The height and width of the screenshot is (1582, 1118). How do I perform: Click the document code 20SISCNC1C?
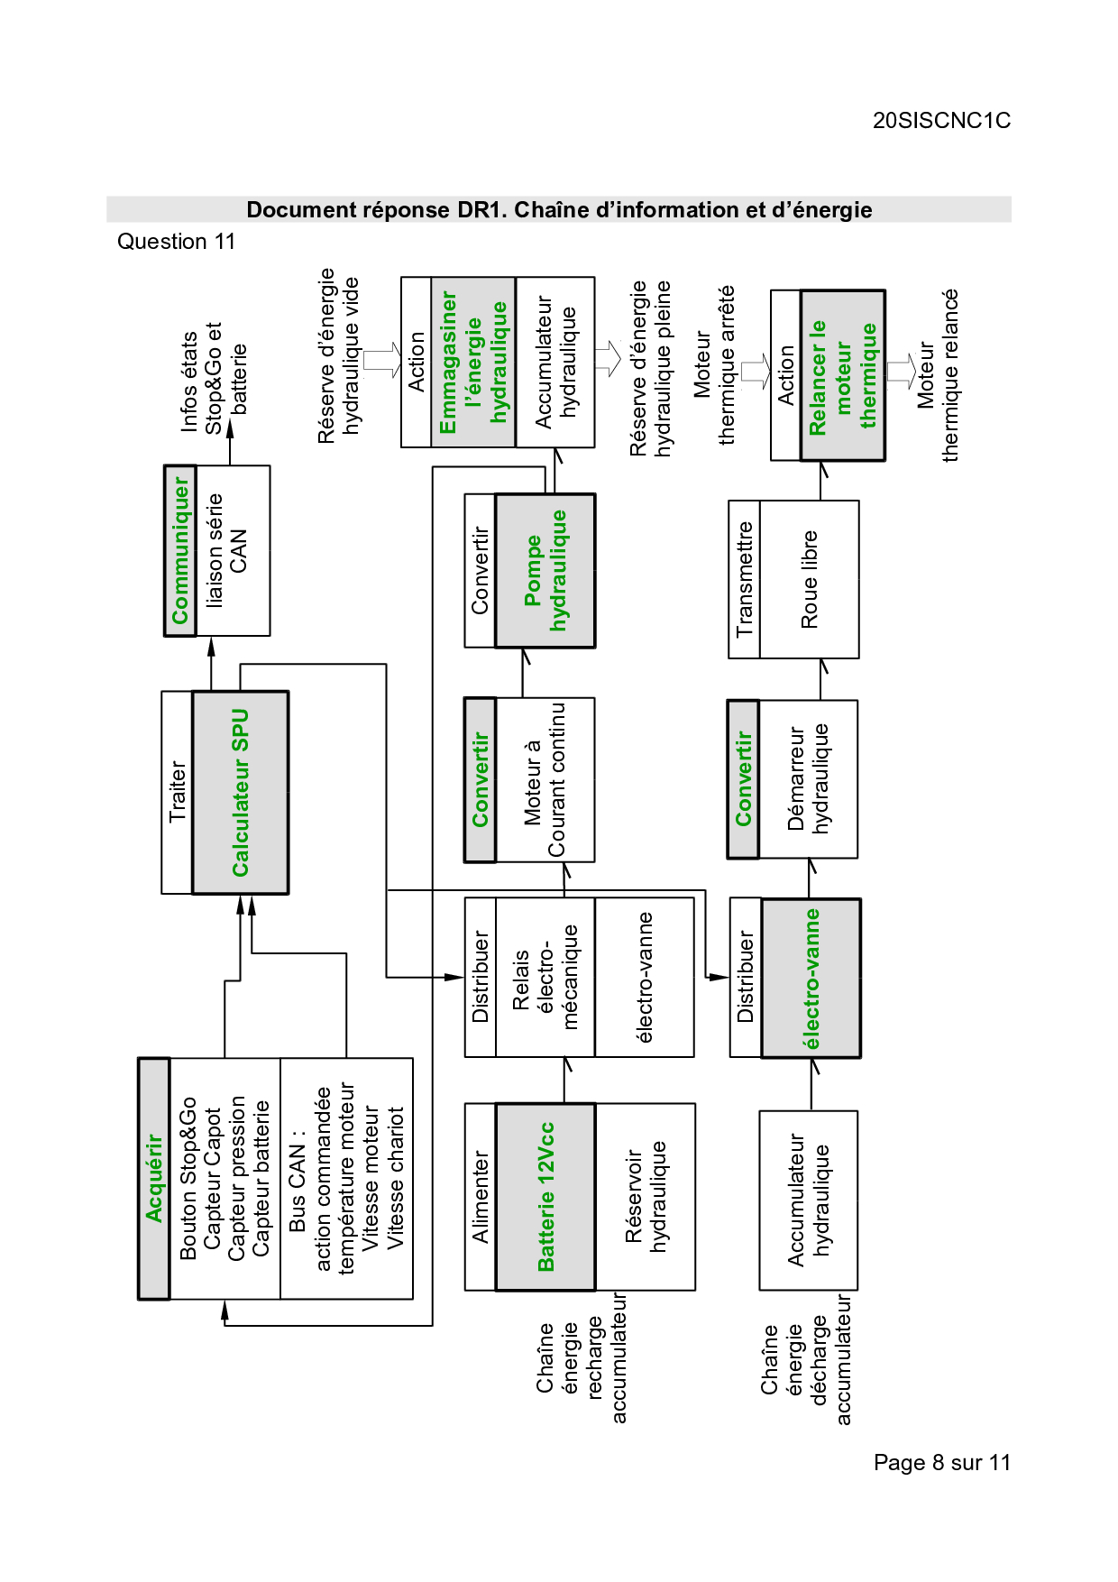(941, 121)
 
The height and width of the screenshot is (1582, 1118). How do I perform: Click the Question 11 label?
(176, 242)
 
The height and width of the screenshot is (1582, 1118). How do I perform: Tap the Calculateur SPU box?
(241, 792)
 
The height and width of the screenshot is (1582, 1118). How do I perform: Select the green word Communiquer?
(180, 550)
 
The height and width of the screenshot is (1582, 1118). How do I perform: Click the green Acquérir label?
(154, 1178)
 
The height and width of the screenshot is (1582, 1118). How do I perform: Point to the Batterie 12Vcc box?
(545, 1196)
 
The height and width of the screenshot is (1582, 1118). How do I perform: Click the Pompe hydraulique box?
(545, 570)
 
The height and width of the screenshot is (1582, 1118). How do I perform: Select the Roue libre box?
(810, 579)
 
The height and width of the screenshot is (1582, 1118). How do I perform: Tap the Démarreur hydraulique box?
(808, 778)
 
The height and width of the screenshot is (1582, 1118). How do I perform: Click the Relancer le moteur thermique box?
(843, 375)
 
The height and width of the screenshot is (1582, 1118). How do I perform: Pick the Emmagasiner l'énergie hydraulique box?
(473, 362)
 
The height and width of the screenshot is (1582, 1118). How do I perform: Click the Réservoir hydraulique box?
(646, 1196)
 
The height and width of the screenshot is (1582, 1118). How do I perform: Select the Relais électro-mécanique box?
(545, 977)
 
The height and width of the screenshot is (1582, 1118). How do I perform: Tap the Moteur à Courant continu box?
(545, 779)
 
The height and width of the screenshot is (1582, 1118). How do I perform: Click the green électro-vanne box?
(811, 978)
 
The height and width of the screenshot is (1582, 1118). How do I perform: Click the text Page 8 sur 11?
(941, 1462)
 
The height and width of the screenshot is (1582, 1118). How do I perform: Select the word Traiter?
(178, 792)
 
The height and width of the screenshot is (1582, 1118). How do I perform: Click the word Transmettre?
(745, 579)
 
